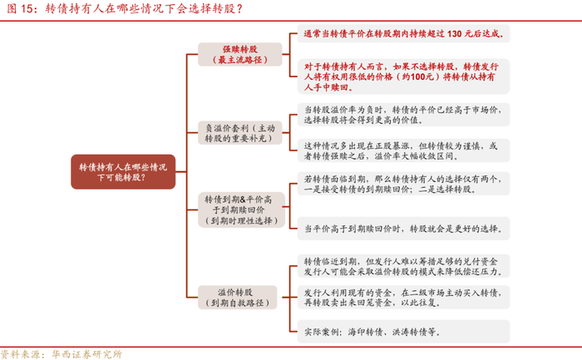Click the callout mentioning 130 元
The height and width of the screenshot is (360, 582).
point(402,35)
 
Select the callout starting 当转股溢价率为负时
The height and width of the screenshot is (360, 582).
point(402,115)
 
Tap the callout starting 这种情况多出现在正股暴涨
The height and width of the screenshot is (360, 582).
point(402,150)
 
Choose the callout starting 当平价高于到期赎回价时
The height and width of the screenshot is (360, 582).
point(402,228)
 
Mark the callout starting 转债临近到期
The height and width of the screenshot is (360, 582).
point(402,266)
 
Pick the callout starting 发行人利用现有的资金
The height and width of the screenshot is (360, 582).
point(402,299)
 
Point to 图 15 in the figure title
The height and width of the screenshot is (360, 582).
point(17,9)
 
